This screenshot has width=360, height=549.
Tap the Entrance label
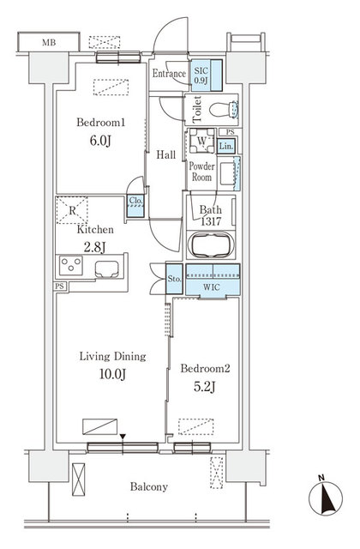click(169, 74)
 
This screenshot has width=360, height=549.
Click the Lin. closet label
click(226, 147)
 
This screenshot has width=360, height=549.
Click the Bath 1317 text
click(211, 215)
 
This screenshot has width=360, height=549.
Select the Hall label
click(165, 155)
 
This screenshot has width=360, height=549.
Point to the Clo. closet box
click(135, 202)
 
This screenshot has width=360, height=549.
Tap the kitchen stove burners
click(70, 267)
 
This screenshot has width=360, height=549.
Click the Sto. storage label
click(172, 278)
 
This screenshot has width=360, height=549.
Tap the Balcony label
click(148, 486)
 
